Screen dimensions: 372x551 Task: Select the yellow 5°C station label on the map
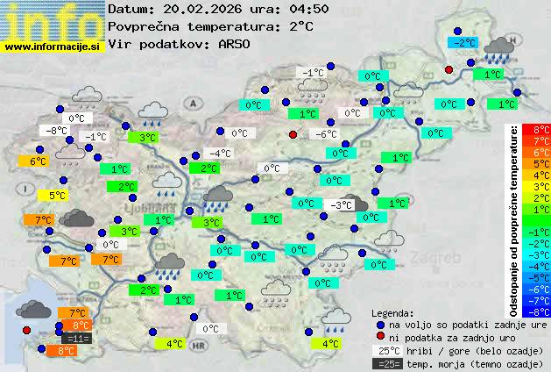click(57, 196)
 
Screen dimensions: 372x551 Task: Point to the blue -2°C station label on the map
click(463, 42)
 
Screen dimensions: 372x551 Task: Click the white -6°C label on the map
click(325, 134)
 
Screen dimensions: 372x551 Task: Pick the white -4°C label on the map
click(219, 154)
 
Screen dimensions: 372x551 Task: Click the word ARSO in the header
click(236, 44)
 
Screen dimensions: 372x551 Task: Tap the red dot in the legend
click(380, 338)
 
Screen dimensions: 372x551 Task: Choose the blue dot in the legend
click(380, 325)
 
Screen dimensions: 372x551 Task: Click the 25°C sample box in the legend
click(387, 351)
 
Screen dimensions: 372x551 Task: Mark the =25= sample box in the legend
click(387, 363)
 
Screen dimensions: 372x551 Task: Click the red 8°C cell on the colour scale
click(541, 130)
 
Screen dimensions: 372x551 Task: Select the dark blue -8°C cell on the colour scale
click(541, 311)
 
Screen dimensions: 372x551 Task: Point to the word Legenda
click(392, 312)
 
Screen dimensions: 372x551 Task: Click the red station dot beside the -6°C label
click(293, 134)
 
